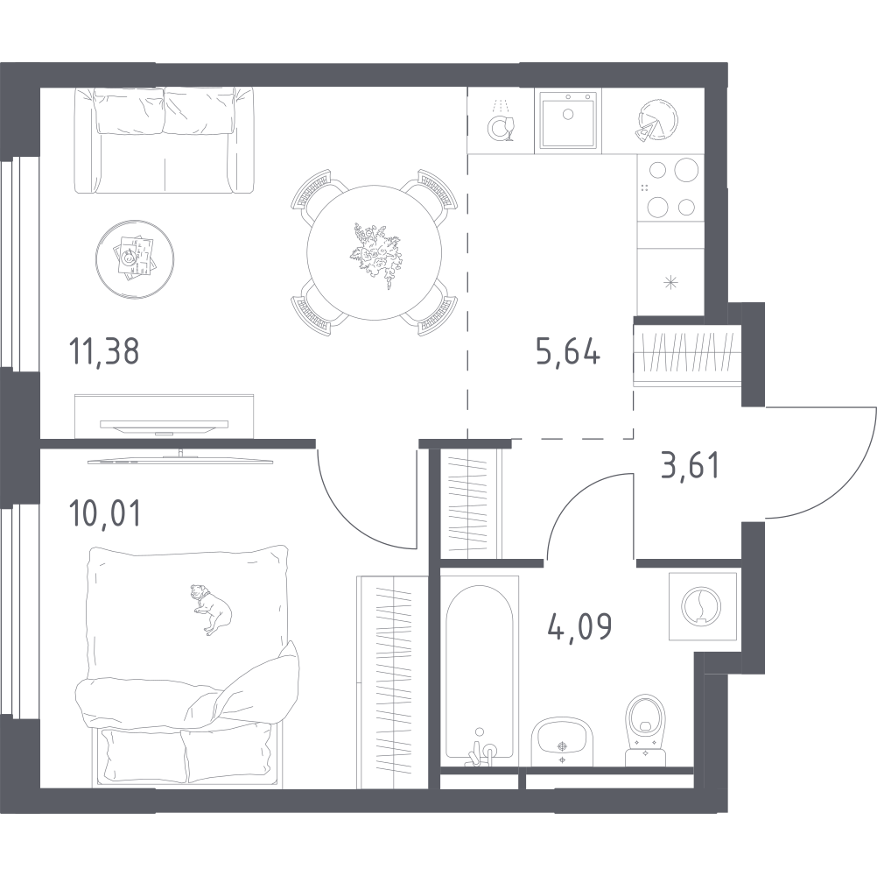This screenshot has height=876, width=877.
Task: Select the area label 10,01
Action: coord(104,513)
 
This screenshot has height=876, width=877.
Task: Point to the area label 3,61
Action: coord(690,466)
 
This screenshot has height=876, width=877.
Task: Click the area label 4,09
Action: coord(579,626)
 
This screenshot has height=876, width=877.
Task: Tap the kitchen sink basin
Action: coord(568,120)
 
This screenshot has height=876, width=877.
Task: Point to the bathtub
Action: coord(480,671)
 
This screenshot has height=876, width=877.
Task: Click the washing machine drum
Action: coord(701,605)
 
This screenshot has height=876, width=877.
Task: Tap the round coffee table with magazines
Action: coord(134,258)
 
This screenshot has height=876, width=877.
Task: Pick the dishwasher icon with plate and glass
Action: coord(502,122)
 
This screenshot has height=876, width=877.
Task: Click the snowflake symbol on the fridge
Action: coord(670,283)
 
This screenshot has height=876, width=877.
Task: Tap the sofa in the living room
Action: coord(164,140)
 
